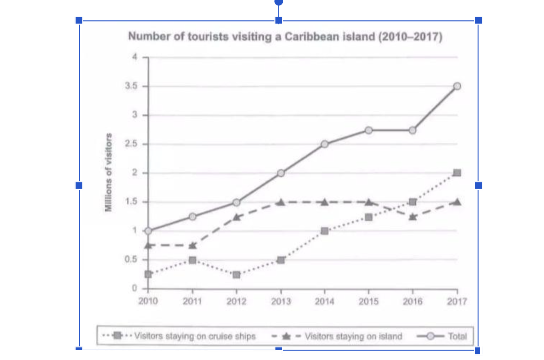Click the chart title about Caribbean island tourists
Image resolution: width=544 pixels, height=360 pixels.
285,37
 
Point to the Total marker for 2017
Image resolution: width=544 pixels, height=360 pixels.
457,86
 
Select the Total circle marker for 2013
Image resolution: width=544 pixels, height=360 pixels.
281,173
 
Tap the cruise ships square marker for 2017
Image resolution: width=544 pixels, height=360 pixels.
457,173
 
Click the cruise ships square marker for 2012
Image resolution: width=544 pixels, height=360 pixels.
236,275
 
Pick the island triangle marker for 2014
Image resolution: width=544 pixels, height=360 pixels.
325,202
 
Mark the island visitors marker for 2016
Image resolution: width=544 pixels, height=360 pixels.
412,217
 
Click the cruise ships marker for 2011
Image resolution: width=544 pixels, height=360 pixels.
192,260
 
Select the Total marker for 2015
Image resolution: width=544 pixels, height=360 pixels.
369,130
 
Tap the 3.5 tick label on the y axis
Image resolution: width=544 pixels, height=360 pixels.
131,86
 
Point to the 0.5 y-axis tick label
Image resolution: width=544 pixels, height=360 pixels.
131,259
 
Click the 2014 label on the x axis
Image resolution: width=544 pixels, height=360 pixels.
325,302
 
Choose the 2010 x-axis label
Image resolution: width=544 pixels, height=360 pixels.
148,301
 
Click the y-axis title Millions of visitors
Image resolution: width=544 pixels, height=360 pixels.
108,172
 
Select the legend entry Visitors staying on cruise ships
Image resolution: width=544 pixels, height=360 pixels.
179,336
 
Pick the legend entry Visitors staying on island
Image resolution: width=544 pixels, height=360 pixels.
337,336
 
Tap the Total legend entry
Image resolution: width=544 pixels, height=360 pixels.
442,337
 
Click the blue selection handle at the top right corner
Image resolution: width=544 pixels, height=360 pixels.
478,20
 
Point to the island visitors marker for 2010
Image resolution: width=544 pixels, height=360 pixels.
148,246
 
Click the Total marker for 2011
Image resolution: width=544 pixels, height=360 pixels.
192,217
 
